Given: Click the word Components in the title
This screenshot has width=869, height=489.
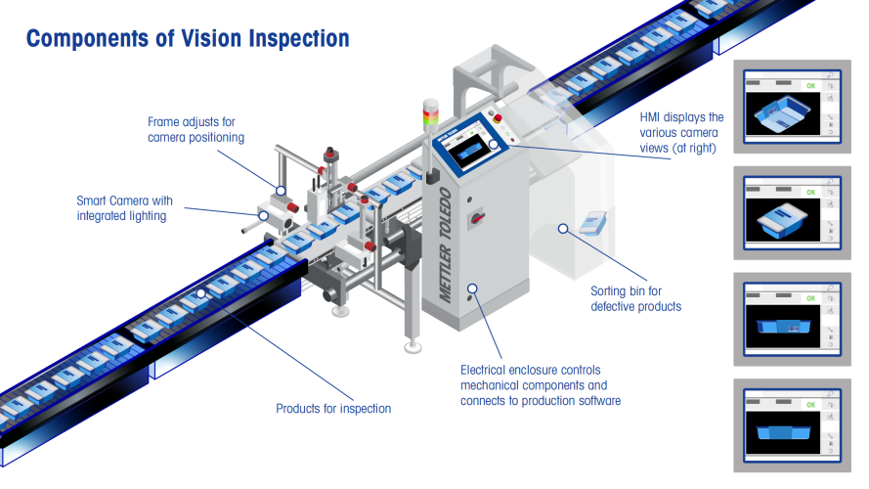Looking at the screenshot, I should coord(85,39).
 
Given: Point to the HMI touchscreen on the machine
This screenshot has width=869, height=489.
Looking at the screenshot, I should coord(468,153).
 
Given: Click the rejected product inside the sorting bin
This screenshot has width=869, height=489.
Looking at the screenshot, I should coord(591,222).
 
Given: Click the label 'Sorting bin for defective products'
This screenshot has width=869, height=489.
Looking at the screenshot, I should coord(635,298).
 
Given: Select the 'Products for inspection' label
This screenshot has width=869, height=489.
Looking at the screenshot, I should coord(333,408).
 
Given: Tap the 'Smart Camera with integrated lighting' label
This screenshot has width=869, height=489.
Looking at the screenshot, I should coord(121,208).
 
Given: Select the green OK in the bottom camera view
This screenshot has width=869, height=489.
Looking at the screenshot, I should coord(810,403).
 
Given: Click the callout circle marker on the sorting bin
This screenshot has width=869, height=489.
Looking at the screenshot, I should coord(563,229).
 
